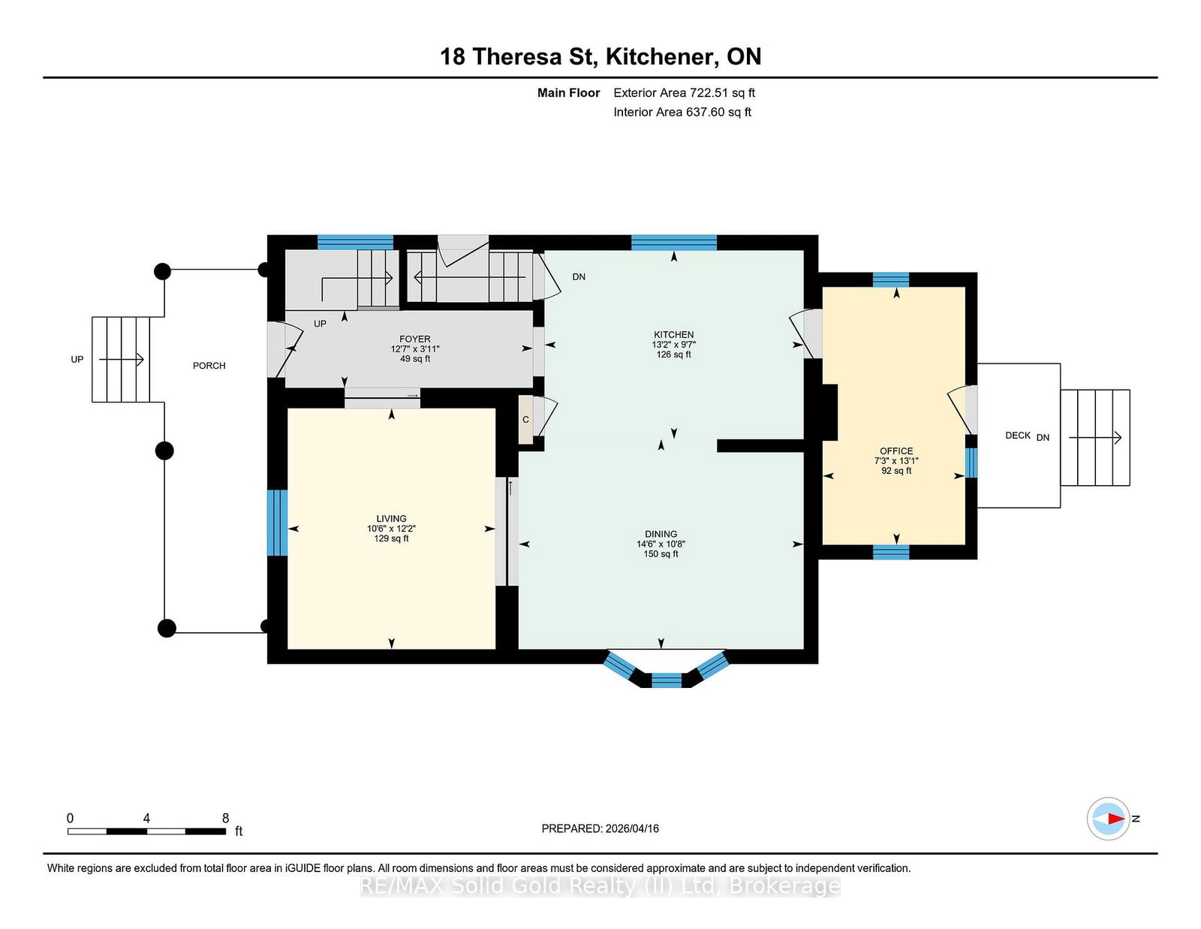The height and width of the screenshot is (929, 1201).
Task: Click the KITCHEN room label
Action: pos(673,335)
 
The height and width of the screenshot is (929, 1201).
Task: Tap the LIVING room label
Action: pos(391,519)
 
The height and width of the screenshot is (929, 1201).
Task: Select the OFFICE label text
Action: pos(896,451)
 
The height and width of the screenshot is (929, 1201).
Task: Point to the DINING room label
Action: pos(661,534)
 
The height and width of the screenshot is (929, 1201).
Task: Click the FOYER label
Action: pos(414,339)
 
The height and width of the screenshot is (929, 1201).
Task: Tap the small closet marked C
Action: pos(525,420)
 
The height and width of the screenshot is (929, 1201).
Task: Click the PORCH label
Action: pos(209,366)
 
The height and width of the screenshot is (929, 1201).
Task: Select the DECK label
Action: pos(1017,436)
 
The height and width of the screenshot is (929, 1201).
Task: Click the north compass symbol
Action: pos(1109,819)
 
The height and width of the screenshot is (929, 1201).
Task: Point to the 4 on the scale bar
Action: pos(146,819)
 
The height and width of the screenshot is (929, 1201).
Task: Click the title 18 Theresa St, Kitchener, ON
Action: pos(600,56)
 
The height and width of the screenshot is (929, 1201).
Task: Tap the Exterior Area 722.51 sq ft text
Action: pos(684,93)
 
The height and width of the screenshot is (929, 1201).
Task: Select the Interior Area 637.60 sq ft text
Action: pos(682,112)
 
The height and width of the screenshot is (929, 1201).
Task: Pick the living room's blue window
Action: pos(278,523)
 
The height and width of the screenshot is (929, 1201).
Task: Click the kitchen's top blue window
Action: pos(673,242)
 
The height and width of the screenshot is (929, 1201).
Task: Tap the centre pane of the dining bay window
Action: pos(666,680)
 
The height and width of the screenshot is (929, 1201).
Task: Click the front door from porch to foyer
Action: pos(276,349)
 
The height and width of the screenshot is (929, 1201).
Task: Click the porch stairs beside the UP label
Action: pos(121,360)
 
